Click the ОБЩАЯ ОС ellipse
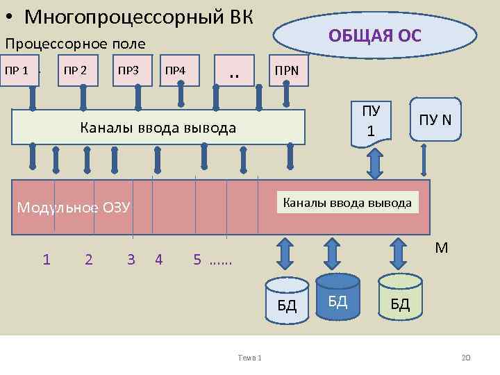click(375, 35)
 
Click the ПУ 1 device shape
click(372, 122)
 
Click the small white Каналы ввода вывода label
click(348, 203)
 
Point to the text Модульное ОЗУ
click(74, 207)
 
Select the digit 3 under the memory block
click(131, 260)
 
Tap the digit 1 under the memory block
click(46, 260)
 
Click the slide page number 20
click(465, 357)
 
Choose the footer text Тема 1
click(249, 357)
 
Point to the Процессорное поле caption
click(75, 44)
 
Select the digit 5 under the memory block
click(198, 260)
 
